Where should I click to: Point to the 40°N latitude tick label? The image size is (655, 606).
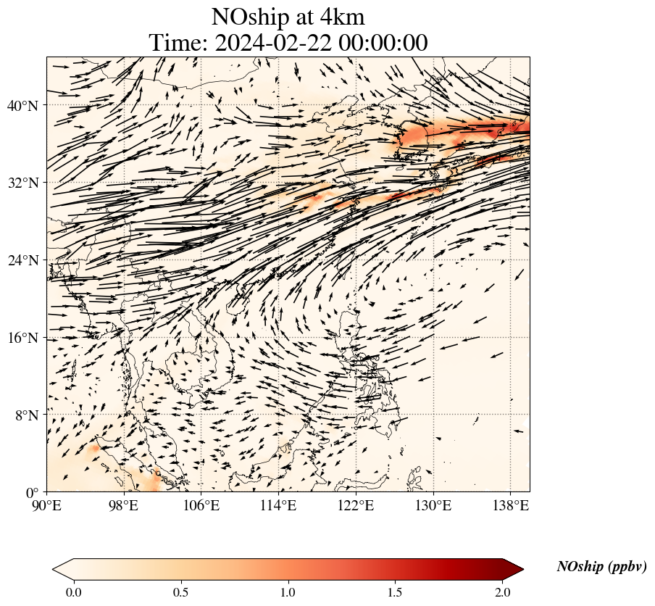click(x=22, y=106)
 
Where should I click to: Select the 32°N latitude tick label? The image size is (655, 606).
click(x=22, y=183)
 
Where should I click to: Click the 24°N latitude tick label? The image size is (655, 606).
click(x=22, y=260)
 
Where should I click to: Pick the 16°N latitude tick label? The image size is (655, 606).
click(x=22, y=338)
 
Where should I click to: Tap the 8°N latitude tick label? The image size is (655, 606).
click(x=25, y=415)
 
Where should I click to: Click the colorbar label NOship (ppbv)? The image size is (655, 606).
click(x=601, y=567)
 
